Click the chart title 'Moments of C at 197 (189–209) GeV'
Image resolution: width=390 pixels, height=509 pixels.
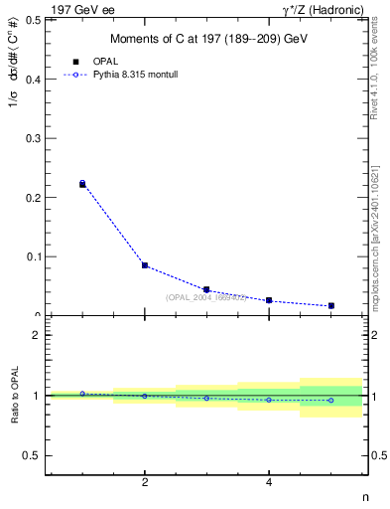(x=207, y=40)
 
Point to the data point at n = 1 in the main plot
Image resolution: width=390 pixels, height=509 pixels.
(x=82, y=184)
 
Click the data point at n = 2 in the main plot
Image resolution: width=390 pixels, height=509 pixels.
(x=145, y=265)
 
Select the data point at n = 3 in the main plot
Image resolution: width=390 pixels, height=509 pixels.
(x=206, y=289)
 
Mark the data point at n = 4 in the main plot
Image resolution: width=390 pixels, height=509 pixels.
(x=269, y=300)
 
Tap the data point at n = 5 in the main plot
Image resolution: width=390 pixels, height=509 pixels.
(x=330, y=305)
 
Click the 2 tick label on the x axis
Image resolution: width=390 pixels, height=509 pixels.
(x=145, y=484)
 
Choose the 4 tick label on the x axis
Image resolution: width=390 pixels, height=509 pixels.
(x=269, y=484)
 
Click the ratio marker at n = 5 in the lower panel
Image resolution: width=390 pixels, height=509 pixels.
(x=330, y=401)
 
